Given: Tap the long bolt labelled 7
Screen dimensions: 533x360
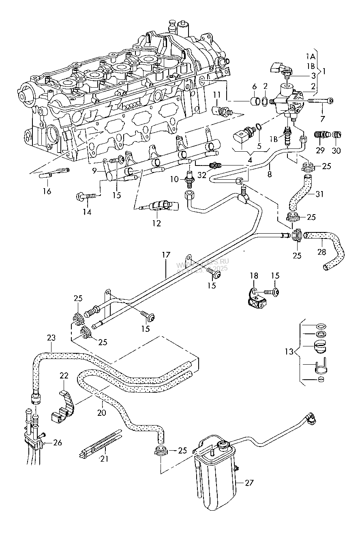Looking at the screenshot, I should pyautogui.click(x=320, y=101).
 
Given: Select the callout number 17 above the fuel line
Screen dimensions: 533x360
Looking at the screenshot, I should pyautogui.click(x=166, y=256).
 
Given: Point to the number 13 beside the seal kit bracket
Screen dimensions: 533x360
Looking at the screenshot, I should pyautogui.click(x=289, y=351).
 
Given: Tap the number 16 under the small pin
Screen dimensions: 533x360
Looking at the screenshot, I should pyautogui.click(x=47, y=191).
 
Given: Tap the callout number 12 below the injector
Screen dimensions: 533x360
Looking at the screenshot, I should pyautogui.click(x=156, y=223).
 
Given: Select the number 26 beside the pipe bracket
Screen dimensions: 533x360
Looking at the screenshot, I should pyautogui.click(x=58, y=443).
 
